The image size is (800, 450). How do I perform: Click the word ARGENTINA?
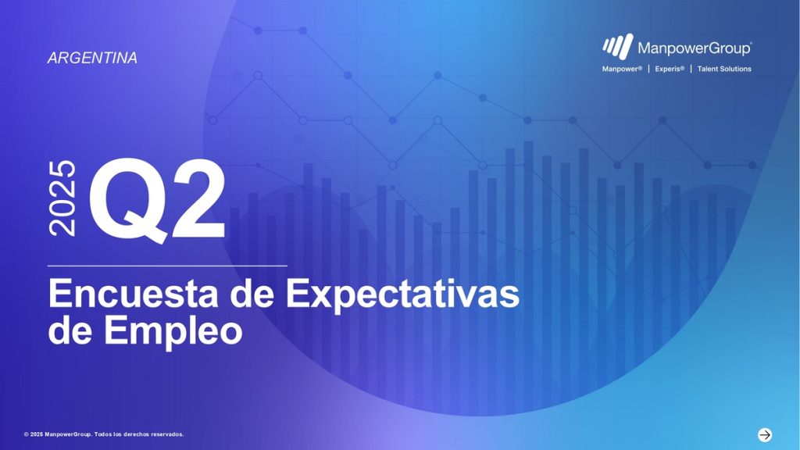(92, 58)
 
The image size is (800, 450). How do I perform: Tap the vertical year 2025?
(62, 198)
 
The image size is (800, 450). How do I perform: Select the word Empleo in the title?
(173, 331)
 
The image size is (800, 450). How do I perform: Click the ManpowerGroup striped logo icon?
(617, 46)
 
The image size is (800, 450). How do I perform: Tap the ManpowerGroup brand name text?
(695, 48)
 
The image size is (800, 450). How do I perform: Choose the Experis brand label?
(670, 69)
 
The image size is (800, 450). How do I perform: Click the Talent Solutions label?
(724, 69)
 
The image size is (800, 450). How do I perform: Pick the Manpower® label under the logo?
(622, 69)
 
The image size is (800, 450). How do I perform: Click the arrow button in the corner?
(764, 434)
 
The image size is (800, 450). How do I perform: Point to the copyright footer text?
(104, 434)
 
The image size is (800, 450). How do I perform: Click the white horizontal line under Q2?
(167, 266)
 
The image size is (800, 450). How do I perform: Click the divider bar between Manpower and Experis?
(648, 69)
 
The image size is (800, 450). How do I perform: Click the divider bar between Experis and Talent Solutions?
(691, 69)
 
